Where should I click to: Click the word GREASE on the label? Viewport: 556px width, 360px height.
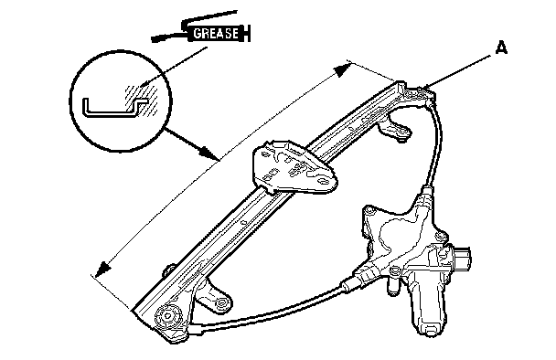216,33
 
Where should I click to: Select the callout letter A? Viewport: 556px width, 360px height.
501,48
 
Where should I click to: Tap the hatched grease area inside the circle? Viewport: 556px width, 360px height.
141,100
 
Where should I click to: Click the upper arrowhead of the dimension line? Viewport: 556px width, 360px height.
342,69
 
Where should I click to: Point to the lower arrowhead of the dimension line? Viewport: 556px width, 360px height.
102,269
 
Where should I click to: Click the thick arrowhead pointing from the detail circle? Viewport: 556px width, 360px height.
208,153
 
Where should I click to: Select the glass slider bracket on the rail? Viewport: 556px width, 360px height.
294,166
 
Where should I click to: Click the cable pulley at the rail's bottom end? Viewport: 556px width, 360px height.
169,316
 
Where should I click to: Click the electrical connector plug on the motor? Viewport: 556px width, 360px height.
461,258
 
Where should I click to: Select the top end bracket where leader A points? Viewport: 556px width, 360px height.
420,94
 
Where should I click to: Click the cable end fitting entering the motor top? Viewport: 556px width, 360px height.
426,196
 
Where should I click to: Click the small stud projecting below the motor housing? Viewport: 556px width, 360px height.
392,286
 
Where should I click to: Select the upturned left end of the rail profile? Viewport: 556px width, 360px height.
85,106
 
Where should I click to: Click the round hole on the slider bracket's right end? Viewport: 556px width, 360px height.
324,182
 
